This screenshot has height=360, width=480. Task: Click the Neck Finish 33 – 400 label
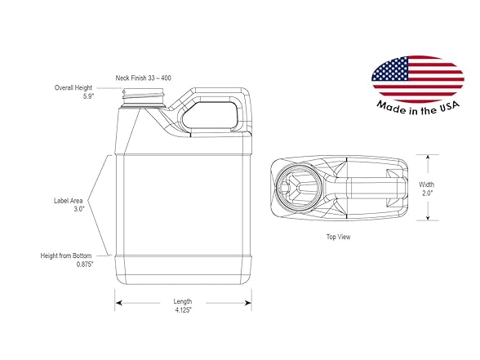point(144,78)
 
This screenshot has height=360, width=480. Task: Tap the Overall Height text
point(73,87)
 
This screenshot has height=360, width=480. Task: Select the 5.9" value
point(88,96)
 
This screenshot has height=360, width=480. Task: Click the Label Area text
point(69,201)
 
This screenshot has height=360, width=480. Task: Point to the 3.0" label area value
point(78,209)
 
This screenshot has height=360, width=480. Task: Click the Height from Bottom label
point(66,256)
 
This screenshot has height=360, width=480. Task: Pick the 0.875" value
point(85,264)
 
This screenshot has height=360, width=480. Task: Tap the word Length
point(183,301)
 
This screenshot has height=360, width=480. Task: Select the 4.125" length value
point(183,310)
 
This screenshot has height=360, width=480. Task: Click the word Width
point(427,184)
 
